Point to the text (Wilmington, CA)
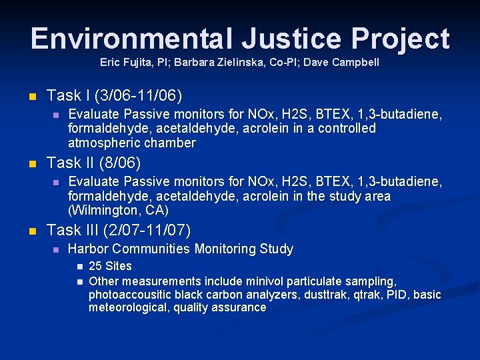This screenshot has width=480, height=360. coord(119,211)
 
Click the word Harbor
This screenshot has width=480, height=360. coord(89,249)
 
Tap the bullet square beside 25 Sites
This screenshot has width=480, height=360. coord(78,267)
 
